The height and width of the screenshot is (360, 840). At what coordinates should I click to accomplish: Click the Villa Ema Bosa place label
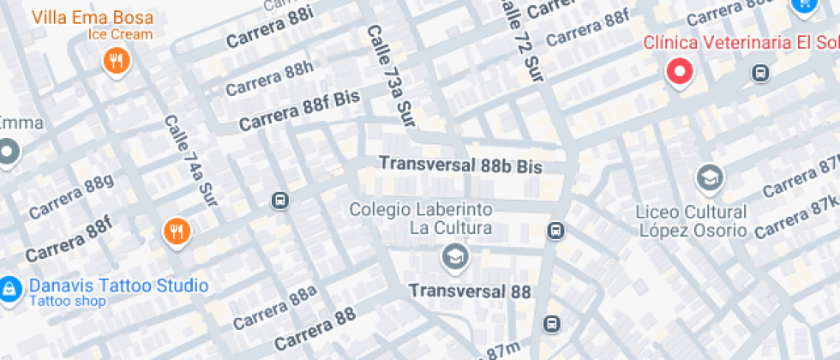coord(93,17)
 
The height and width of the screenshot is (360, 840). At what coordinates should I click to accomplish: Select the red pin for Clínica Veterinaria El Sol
coord(681,72)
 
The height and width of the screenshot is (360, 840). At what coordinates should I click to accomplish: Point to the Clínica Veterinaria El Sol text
coord(741,42)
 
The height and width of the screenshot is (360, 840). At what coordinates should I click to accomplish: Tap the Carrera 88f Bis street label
coord(299,111)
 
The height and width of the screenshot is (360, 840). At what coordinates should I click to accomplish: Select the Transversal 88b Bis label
coord(461,165)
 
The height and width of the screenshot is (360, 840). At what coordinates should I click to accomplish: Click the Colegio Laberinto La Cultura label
coord(420,219)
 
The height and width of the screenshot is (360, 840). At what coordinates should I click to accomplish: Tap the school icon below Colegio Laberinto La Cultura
coord(453,255)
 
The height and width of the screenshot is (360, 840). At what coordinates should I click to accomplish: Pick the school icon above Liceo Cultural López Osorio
coord(711,178)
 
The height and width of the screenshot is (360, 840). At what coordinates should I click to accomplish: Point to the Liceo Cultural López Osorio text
coord(692,220)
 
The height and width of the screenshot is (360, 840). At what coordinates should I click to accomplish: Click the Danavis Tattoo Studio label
coord(118,285)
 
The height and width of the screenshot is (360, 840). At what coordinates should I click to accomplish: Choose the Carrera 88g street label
coord(72,196)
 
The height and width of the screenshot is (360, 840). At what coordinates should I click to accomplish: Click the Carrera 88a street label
coord(274,308)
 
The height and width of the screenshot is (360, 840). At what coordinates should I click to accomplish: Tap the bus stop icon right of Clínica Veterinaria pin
coord(760,73)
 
